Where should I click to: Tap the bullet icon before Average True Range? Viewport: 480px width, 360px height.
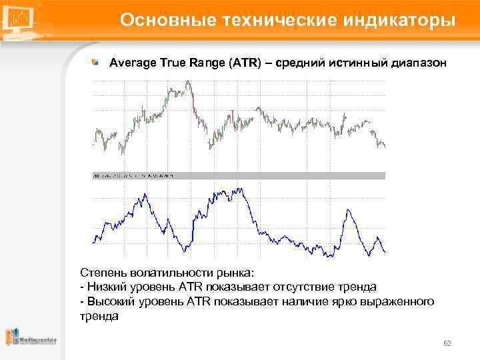96,63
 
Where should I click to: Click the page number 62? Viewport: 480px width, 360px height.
447,343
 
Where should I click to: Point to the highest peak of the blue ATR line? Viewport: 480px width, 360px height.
238,189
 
